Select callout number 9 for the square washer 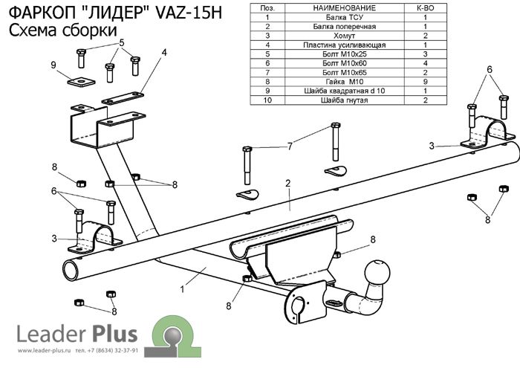point(53,65)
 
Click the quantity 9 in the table point(425,81)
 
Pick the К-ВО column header point(425,7)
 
